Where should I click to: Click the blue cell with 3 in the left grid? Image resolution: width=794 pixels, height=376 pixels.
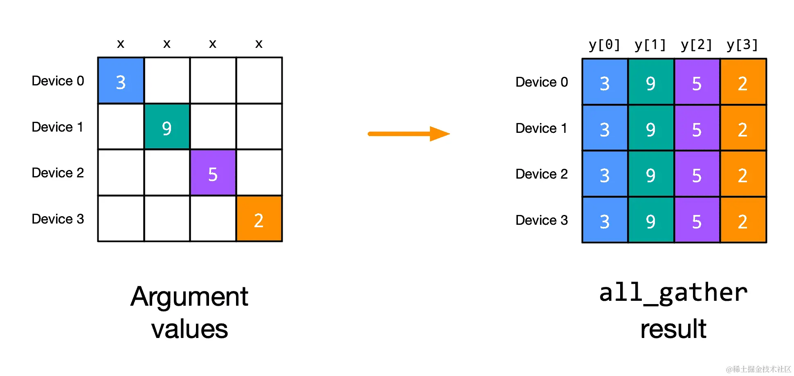click(x=121, y=81)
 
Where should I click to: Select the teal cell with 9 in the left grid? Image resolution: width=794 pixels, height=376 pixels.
click(x=167, y=127)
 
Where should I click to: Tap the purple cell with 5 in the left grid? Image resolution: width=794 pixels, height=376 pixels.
click(x=213, y=172)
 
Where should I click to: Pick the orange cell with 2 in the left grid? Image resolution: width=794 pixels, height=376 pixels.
click(x=259, y=219)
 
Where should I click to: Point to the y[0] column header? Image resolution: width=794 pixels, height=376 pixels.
click(x=604, y=45)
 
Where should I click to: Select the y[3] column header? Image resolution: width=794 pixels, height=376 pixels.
click(x=742, y=45)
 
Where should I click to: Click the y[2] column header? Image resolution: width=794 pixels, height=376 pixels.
click(x=696, y=45)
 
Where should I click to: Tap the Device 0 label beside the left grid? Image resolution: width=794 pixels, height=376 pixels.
click(x=58, y=81)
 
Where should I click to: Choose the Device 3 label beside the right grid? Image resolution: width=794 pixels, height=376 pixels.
click(x=542, y=220)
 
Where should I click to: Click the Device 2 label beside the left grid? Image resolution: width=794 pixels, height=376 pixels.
click(x=58, y=173)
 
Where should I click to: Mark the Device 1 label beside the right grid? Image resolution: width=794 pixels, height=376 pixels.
click(x=541, y=128)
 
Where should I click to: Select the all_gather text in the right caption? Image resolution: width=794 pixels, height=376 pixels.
click(x=673, y=293)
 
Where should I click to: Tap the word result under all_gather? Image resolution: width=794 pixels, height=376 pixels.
click(x=673, y=329)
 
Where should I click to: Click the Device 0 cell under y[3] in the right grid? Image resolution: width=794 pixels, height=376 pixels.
click(x=743, y=82)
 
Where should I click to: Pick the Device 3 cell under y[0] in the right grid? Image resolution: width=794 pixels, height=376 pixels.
click(x=605, y=220)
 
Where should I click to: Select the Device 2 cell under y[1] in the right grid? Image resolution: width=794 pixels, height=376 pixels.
click(x=650, y=174)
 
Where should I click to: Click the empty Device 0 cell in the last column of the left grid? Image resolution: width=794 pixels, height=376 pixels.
click(x=259, y=81)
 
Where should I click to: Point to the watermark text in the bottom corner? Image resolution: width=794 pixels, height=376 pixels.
click(x=758, y=369)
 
